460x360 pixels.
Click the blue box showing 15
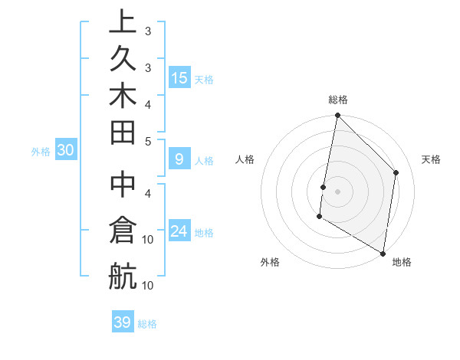point(179,77)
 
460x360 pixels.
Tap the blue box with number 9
point(179,159)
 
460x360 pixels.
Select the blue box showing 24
point(179,231)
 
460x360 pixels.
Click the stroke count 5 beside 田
point(148,141)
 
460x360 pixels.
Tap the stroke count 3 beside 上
point(148,31)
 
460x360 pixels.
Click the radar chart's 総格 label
point(337,100)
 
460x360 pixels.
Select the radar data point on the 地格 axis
point(383,253)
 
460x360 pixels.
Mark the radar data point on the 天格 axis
point(396,172)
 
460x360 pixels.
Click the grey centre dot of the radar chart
point(337,191)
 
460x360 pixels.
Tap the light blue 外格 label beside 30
point(41,152)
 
